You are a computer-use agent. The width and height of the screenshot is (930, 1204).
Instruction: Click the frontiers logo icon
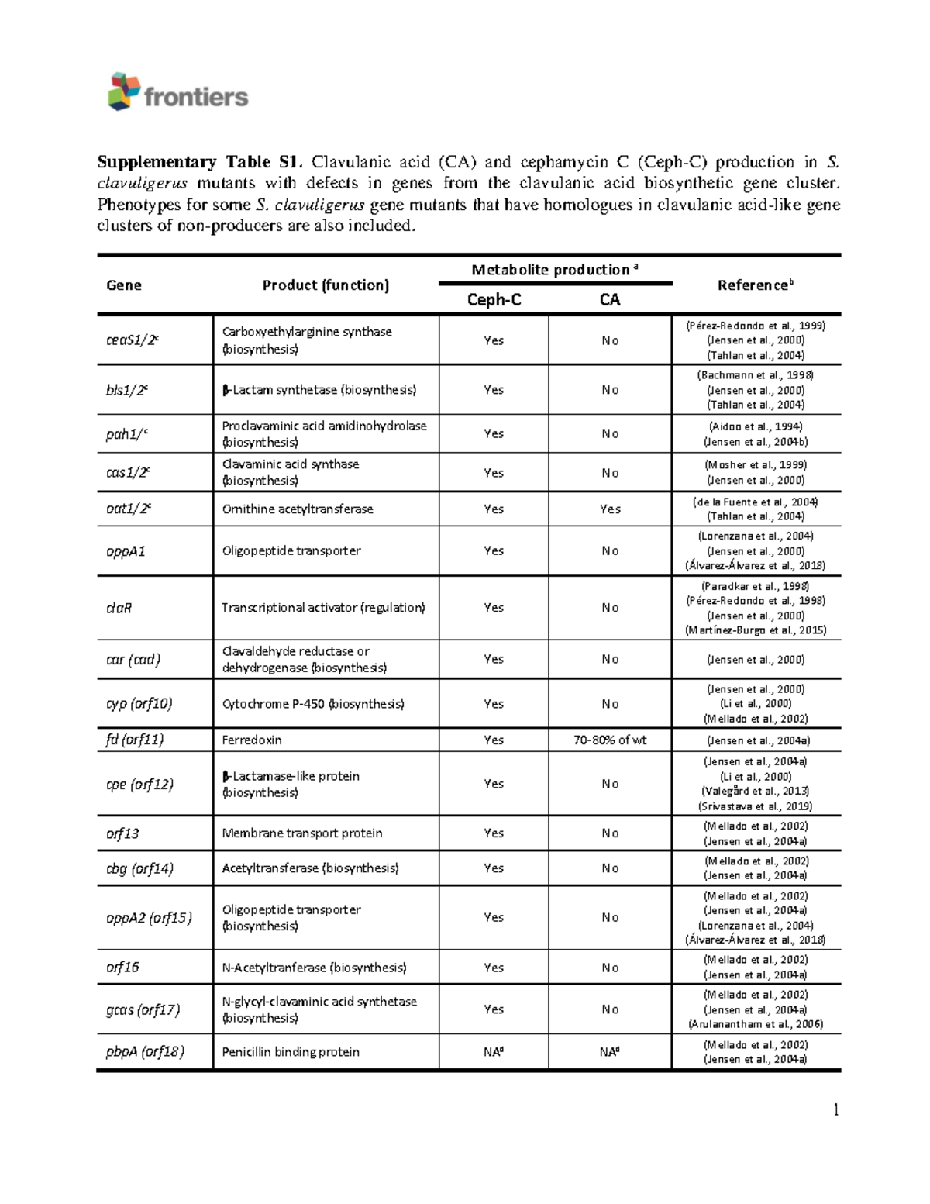(124, 91)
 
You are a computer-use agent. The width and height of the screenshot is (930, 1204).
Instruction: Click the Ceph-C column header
(494, 300)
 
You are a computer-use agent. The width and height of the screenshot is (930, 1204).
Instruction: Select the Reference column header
(755, 285)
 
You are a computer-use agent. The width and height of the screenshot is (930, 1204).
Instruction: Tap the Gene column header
(124, 285)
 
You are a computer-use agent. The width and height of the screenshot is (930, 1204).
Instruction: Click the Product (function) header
(325, 285)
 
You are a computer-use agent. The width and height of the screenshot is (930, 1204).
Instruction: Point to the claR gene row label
(119, 608)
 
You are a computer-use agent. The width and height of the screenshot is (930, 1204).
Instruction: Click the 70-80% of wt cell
(610, 740)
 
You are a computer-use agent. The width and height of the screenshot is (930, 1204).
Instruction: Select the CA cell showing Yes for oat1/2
(610, 509)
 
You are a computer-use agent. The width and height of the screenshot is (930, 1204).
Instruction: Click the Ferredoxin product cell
(252, 740)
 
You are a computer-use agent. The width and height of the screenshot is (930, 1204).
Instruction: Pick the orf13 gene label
(122, 833)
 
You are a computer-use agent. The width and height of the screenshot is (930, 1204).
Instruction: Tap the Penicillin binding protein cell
(291, 1052)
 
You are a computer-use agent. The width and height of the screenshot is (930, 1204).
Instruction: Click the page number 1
(835, 1110)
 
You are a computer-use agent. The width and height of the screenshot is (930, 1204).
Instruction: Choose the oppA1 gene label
(126, 551)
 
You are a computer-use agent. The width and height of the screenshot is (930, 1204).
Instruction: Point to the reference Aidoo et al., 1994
(756, 426)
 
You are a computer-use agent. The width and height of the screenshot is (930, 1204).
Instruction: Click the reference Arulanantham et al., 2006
(756, 1024)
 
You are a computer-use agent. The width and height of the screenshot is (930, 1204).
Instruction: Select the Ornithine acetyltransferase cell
(298, 509)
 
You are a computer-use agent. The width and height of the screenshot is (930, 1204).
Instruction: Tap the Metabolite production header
(555, 270)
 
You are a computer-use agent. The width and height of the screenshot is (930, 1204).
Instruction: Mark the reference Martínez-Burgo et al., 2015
(756, 630)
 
